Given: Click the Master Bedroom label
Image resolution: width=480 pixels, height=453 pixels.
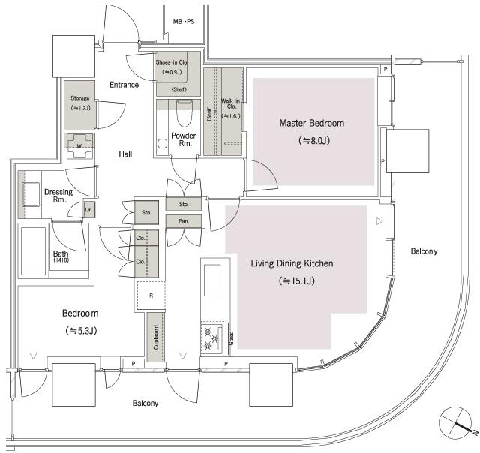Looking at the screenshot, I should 311,123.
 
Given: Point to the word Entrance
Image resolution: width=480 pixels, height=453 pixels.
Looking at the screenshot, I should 124,85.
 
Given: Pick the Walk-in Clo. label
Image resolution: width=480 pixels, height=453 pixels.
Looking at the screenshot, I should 231,108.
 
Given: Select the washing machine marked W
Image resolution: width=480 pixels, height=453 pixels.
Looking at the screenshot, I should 79,145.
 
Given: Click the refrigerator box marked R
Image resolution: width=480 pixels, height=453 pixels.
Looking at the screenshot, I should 151,295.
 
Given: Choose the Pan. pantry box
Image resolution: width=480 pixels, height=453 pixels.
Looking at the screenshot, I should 183,221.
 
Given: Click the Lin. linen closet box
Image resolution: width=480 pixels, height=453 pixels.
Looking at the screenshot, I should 88,209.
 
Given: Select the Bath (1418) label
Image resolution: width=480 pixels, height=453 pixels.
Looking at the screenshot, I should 61,256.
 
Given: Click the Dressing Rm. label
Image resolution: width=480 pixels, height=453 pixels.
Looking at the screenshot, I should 58,196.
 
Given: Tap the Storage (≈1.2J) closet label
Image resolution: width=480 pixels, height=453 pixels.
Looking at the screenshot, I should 80,103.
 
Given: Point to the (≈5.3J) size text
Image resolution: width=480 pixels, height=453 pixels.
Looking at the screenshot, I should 81,330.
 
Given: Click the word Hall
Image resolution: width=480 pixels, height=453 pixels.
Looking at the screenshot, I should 125,154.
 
